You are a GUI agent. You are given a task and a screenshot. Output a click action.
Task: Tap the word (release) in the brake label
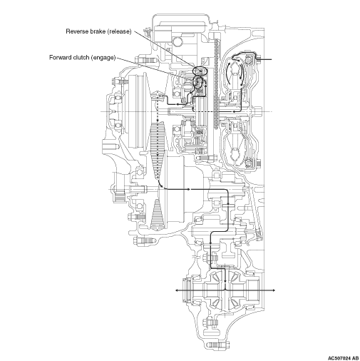pos(119,31)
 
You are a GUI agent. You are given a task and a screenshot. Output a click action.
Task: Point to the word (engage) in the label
pos(103,58)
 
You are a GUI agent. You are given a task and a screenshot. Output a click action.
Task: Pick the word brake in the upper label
pos(97,31)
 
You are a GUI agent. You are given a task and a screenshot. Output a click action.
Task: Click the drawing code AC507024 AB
pos(343,358)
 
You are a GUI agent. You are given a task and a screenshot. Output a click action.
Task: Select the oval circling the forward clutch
pos(195,82)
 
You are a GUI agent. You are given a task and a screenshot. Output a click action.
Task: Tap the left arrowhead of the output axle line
pos(177,290)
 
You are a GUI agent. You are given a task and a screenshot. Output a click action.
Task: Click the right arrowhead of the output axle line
pos(274,290)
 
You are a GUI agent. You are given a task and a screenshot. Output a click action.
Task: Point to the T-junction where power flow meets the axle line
pos(225,290)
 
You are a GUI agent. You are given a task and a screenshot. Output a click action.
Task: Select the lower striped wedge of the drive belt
pos(157,215)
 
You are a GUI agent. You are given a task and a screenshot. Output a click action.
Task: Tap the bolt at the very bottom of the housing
pos(218,345)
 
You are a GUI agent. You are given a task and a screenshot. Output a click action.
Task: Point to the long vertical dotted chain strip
pos(216,83)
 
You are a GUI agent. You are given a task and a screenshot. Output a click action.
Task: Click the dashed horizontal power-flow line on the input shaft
pos(213,111)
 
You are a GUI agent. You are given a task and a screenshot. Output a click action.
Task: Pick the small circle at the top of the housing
pos(178,42)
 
